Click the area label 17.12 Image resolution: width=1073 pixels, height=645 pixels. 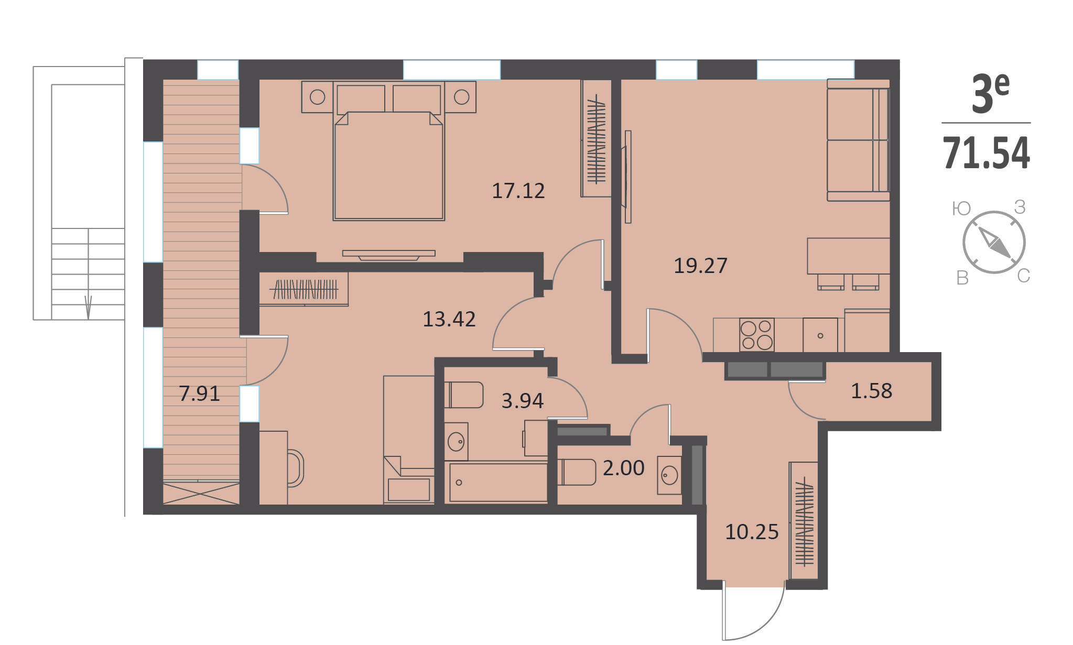coord(518,191)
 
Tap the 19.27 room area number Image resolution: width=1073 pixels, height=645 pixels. coord(700,266)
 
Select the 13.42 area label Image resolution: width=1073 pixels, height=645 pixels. coord(449,319)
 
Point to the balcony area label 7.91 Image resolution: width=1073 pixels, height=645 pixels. coord(199,393)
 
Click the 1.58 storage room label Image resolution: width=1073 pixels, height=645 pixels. coord(871,391)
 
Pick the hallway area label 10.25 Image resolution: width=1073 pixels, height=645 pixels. coord(752,532)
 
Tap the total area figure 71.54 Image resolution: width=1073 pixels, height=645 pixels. coord(987,153)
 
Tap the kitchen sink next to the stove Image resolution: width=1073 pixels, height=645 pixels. coord(820,335)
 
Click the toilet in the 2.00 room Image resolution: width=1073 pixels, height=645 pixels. coord(577,472)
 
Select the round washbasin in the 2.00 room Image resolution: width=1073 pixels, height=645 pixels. coord(670,475)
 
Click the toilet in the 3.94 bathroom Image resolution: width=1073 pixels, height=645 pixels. coord(463,395)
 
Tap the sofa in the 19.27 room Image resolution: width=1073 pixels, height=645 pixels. coord(858,140)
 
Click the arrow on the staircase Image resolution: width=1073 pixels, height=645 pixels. coord(88,307)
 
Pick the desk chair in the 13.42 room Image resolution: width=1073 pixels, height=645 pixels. coord(296,468)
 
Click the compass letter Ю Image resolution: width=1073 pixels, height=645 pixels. coord(961,209)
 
